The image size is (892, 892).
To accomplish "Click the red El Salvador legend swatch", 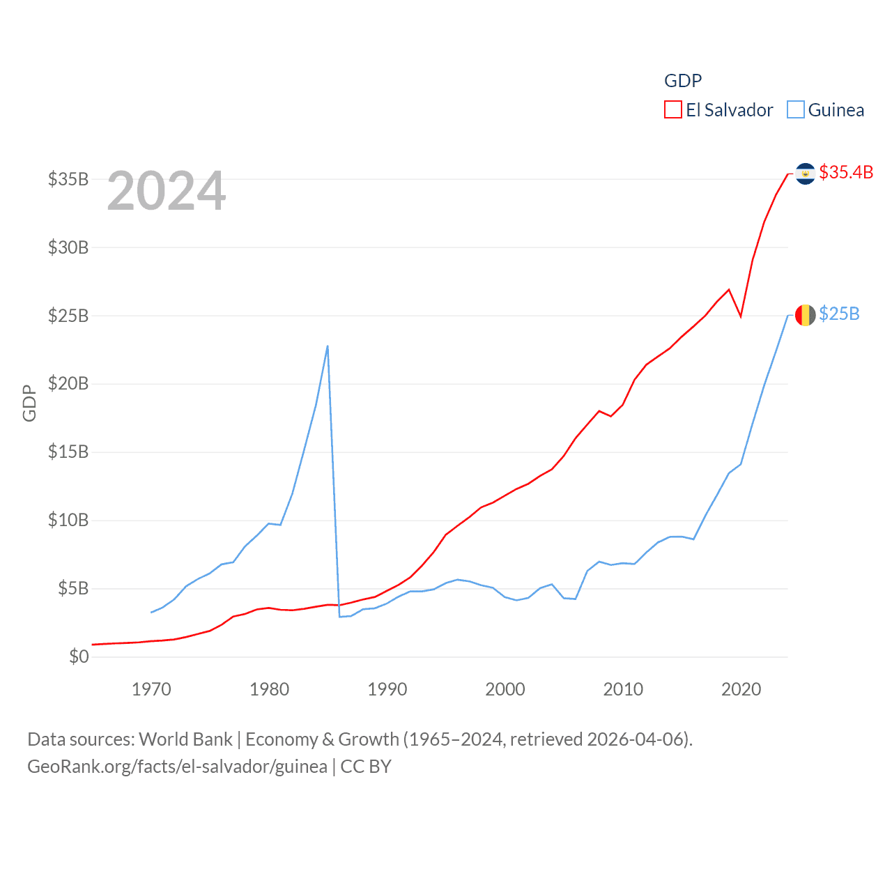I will pyautogui.click(x=672, y=110).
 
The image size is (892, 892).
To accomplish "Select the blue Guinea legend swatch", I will pyautogui.click(x=795, y=110).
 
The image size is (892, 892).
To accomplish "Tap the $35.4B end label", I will pyautogui.click(x=846, y=172).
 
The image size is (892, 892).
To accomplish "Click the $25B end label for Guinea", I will pyautogui.click(x=839, y=314).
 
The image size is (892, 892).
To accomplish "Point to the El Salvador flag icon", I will pyautogui.click(x=805, y=174).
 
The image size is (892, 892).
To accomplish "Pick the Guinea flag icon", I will pyautogui.click(x=805, y=315).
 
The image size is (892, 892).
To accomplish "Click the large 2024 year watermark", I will pyautogui.click(x=167, y=191).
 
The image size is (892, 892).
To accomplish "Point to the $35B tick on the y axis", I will pyautogui.click(x=68, y=179).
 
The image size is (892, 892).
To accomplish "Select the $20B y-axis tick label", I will pyautogui.click(x=68, y=384).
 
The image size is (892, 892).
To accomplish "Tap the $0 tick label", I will pyautogui.click(x=79, y=656).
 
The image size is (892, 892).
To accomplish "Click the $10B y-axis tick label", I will pyautogui.click(x=68, y=520).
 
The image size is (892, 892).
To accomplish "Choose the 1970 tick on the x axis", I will pyautogui.click(x=151, y=689).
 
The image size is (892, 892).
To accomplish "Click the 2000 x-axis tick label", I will pyautogui.click(x=505, y=689).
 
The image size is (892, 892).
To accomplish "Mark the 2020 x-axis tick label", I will pyautogui.click(x=741, y=689).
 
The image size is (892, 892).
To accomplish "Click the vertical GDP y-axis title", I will pyautogui.click(x=29, y=403).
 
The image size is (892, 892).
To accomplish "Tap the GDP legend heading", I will pyautogui.click(x=683, y=81).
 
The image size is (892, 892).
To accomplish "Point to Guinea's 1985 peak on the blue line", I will pyautogui.click(x=328, y=346).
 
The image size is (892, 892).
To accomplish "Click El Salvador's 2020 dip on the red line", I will pyautogui.click(x=741, y=316).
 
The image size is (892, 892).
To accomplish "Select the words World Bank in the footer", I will pyautogui.click(x=186, y=739).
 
